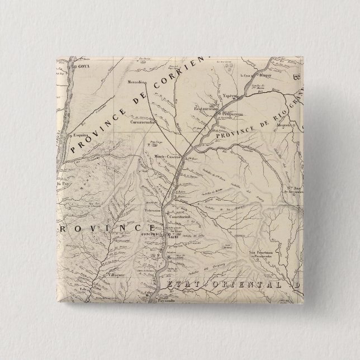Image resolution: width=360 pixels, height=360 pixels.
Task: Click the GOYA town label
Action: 83,67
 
